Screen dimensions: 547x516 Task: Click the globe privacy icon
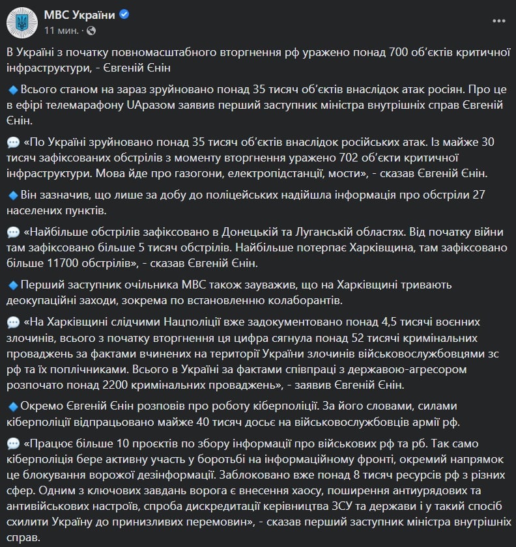[91, 31]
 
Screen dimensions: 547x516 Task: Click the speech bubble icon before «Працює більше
[13, 444]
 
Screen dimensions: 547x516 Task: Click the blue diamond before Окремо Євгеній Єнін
[13, 407]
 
